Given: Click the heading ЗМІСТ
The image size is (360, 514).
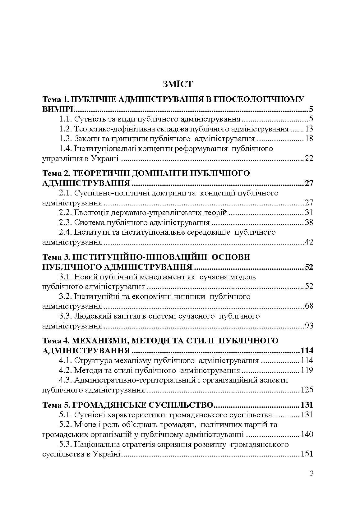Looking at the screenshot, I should click(178, 84).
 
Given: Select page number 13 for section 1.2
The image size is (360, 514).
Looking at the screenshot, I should click(309, 129).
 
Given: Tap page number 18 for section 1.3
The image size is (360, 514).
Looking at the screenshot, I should click(309, 139).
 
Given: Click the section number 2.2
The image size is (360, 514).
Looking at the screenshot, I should click(65, 213).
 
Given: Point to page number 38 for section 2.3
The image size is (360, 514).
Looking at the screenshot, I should click(309, 223).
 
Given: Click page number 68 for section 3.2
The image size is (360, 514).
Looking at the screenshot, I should click(309, 306).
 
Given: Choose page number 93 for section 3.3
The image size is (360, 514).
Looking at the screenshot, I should click(309, 326).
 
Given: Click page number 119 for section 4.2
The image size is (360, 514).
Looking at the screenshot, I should click(307, 370).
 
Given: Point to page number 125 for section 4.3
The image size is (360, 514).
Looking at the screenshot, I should click(307, 390).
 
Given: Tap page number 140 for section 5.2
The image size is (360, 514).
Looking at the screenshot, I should click(307, 434).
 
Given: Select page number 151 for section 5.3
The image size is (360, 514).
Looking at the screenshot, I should click(307, 454).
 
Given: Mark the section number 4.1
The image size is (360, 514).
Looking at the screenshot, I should click(65, 360).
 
